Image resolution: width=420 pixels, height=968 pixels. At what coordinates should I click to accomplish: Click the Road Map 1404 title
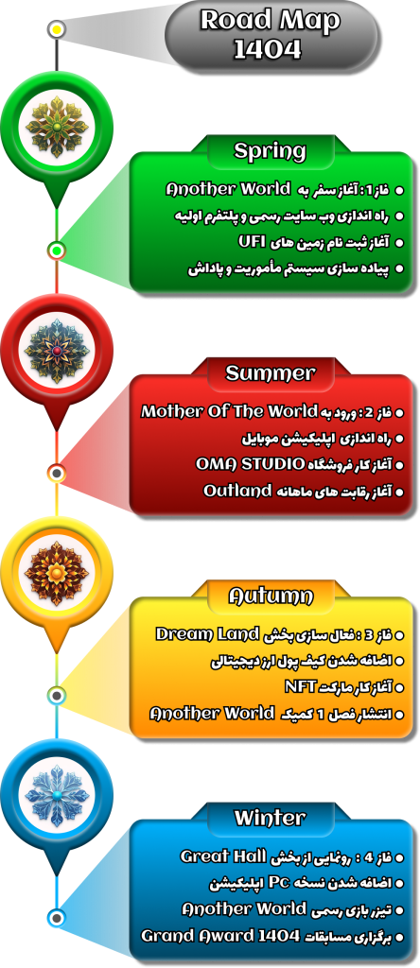pyautogui.click(x=270, y=35)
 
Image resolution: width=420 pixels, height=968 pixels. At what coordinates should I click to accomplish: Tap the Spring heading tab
pyautogui.click(x=270, y=150)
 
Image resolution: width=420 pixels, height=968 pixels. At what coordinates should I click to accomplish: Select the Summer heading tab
pyautogui.click(x=270, y=372)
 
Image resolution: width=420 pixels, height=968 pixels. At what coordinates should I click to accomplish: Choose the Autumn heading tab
pyautogui.click(x=270, y=596)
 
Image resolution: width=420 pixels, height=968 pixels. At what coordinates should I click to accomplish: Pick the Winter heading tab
pyautogui.click(x=270, y=818)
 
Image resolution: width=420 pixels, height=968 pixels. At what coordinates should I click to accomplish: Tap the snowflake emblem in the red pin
pyautogui.click(x=57, y=351)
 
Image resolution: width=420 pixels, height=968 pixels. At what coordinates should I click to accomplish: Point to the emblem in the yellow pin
pyautogui.click(x=57, y=573)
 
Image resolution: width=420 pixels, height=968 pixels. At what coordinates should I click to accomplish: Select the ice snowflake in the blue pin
pyautogui.click(x=57, y=795)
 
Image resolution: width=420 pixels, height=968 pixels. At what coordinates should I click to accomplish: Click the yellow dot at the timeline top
pyautogui.click(x=57, y=29)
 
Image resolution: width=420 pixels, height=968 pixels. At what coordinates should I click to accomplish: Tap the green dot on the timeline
pyautogui.click(x=57, y=251)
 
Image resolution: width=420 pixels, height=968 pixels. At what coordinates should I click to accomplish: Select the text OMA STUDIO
pyautogui.click(x=250, y=463)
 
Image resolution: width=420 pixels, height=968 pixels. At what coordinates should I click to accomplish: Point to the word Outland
pyautogui.click(x=237, y=492)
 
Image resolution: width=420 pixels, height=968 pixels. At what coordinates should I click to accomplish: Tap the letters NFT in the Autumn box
pyautogui.click(x=300, y=686)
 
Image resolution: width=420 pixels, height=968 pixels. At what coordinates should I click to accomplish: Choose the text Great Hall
pyautogui.click(x=221, y=856)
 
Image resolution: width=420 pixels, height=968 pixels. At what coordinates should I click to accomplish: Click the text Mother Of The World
pyautogui.click(x=228, y=411)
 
